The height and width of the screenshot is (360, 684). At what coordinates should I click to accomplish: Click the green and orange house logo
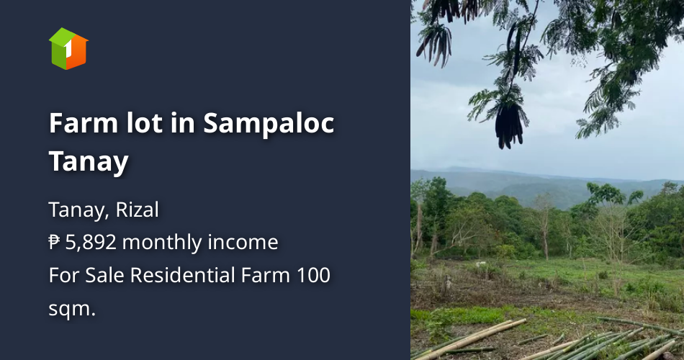click(68, 48)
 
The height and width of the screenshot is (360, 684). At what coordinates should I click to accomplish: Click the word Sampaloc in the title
click(269, 123)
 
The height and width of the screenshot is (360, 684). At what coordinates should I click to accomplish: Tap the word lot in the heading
click(127, 123)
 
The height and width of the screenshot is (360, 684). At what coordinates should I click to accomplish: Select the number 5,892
click(91, 243)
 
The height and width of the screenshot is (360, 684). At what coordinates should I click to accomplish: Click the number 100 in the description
click(315, 276)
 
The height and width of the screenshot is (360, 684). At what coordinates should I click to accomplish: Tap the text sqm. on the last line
click(72, 309)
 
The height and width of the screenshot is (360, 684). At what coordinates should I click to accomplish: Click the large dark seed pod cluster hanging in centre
click(508, 126)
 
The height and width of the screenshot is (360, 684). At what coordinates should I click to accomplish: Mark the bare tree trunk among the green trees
click(544, 230)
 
